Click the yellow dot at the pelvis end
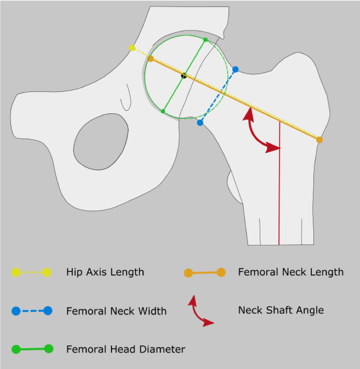(132, 48)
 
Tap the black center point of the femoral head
(184, 76)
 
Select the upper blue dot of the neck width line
(235, 70)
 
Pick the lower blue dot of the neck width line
(200, 123)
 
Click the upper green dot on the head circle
(205, 40)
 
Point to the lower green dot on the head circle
(163, 111)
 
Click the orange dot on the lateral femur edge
(319, 140)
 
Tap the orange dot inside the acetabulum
(151, 59)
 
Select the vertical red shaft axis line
(279, 196)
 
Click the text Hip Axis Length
(105, 272)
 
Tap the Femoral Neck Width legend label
(116, 311)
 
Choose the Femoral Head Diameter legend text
(126, 349)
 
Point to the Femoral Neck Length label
(291, 272)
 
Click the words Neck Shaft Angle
(281, 310)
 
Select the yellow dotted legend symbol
(31, 272)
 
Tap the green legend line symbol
(32, 349)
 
